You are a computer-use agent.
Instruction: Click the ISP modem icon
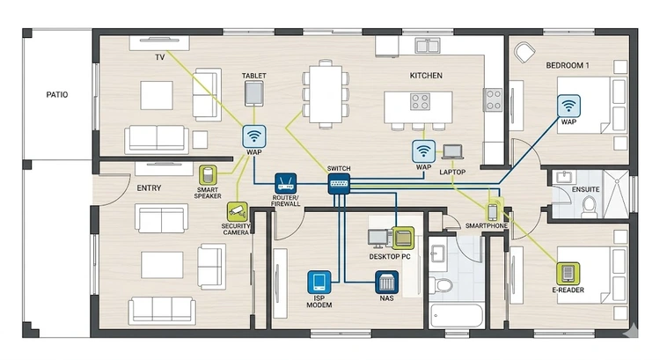click(x=319, y=282)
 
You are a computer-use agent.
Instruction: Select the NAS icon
click(x=386, y=282)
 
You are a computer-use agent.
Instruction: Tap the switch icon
click(x=339, y=184)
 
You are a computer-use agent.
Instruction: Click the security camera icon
click(x=236, y=209)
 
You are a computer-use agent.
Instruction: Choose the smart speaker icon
click(x=209, y=174)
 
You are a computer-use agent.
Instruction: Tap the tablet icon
click(x=254, y=92)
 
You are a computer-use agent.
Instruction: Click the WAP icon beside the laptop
click(x=423, y=151)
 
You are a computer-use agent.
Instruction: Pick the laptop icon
click(x=452, y=151)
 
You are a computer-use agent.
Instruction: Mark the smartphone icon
click(x=494, y=211)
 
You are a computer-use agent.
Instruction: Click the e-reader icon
click(x=568, y=271)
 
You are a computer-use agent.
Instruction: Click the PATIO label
click(x=57, y=95)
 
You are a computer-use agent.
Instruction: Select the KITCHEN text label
click(x=426, y=77)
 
